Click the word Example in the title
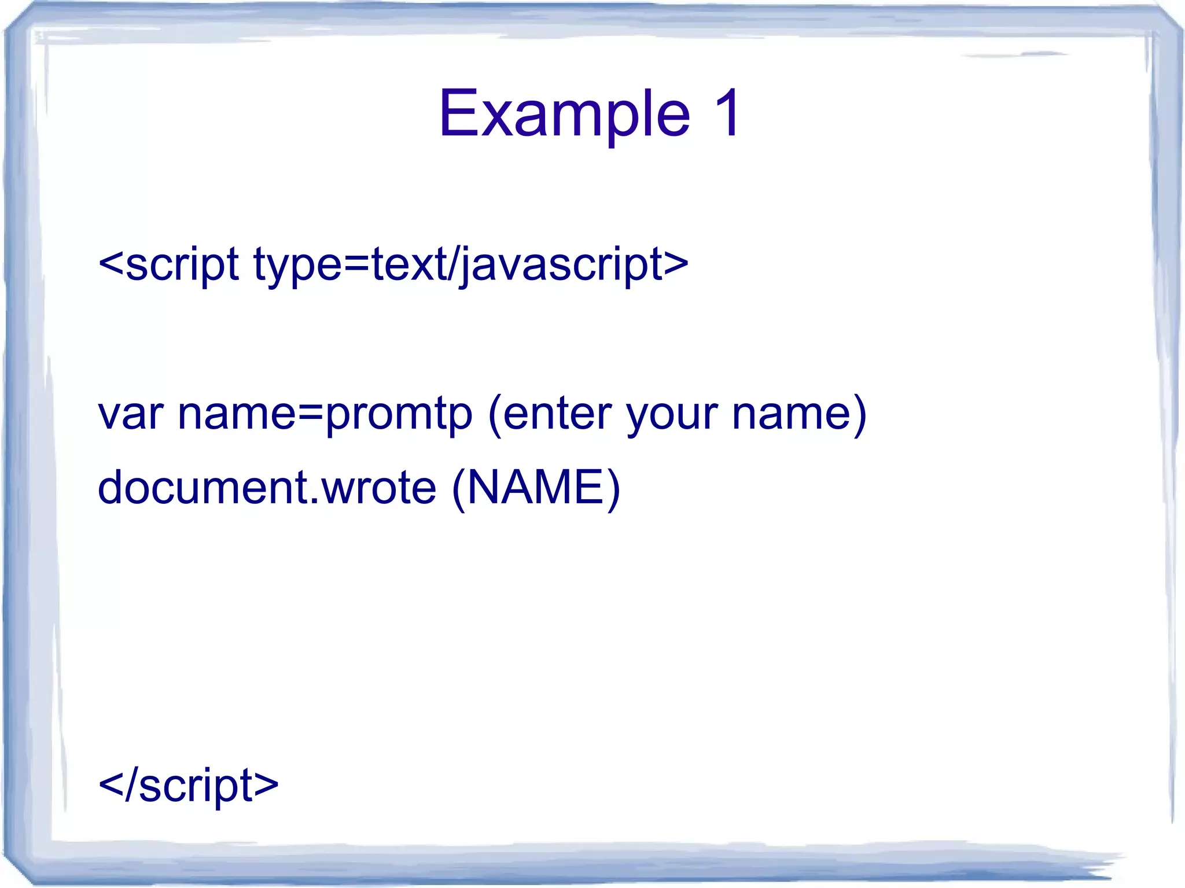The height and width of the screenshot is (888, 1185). point(564,114)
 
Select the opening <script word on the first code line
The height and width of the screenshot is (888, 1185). point(168,264)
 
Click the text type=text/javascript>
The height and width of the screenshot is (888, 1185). point(471,264)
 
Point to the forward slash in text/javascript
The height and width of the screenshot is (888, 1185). point(450,264)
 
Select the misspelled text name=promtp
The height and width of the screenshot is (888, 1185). point(325,414)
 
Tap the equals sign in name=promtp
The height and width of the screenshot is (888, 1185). point(310,414)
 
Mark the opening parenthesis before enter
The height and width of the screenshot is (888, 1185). point(495,415)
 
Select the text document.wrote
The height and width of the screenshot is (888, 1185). point(267,488)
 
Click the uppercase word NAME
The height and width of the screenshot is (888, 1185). point(535,488)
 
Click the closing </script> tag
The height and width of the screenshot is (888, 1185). point(189,785)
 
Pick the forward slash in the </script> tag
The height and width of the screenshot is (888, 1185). point(131,785)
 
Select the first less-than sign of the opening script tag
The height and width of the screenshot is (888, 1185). point(111,264)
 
